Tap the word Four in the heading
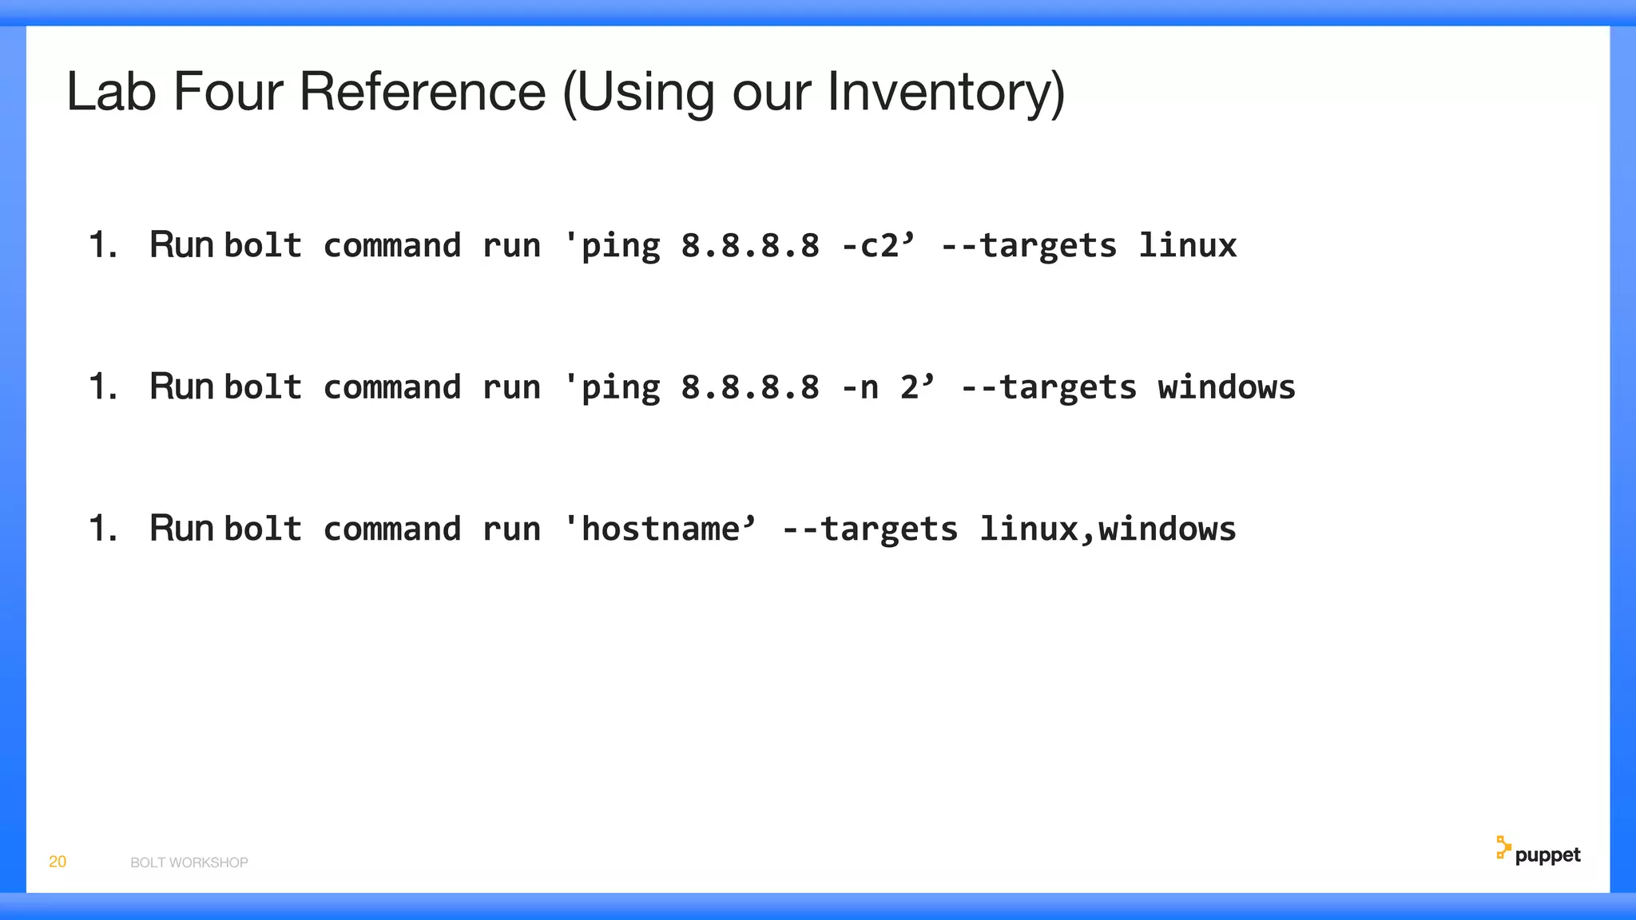click(228, 92)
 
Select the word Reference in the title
click(423, 92)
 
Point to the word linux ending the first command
click(1187, 245)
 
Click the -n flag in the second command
click(860, 387)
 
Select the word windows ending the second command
click(1226, 387)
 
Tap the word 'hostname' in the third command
click(660, 529)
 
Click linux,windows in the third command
click(1107, 529)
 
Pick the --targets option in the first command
click(1029, 245)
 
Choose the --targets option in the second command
click(1048, 387)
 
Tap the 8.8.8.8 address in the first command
click(750, 245)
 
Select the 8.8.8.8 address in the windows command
click(750, 387)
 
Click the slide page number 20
click(58, 862)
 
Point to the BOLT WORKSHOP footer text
click(189, 862)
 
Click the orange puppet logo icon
click(1503, 848)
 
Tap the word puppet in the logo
click(1547, 855)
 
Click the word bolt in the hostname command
click(263, 529)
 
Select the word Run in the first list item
click(181, 244)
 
